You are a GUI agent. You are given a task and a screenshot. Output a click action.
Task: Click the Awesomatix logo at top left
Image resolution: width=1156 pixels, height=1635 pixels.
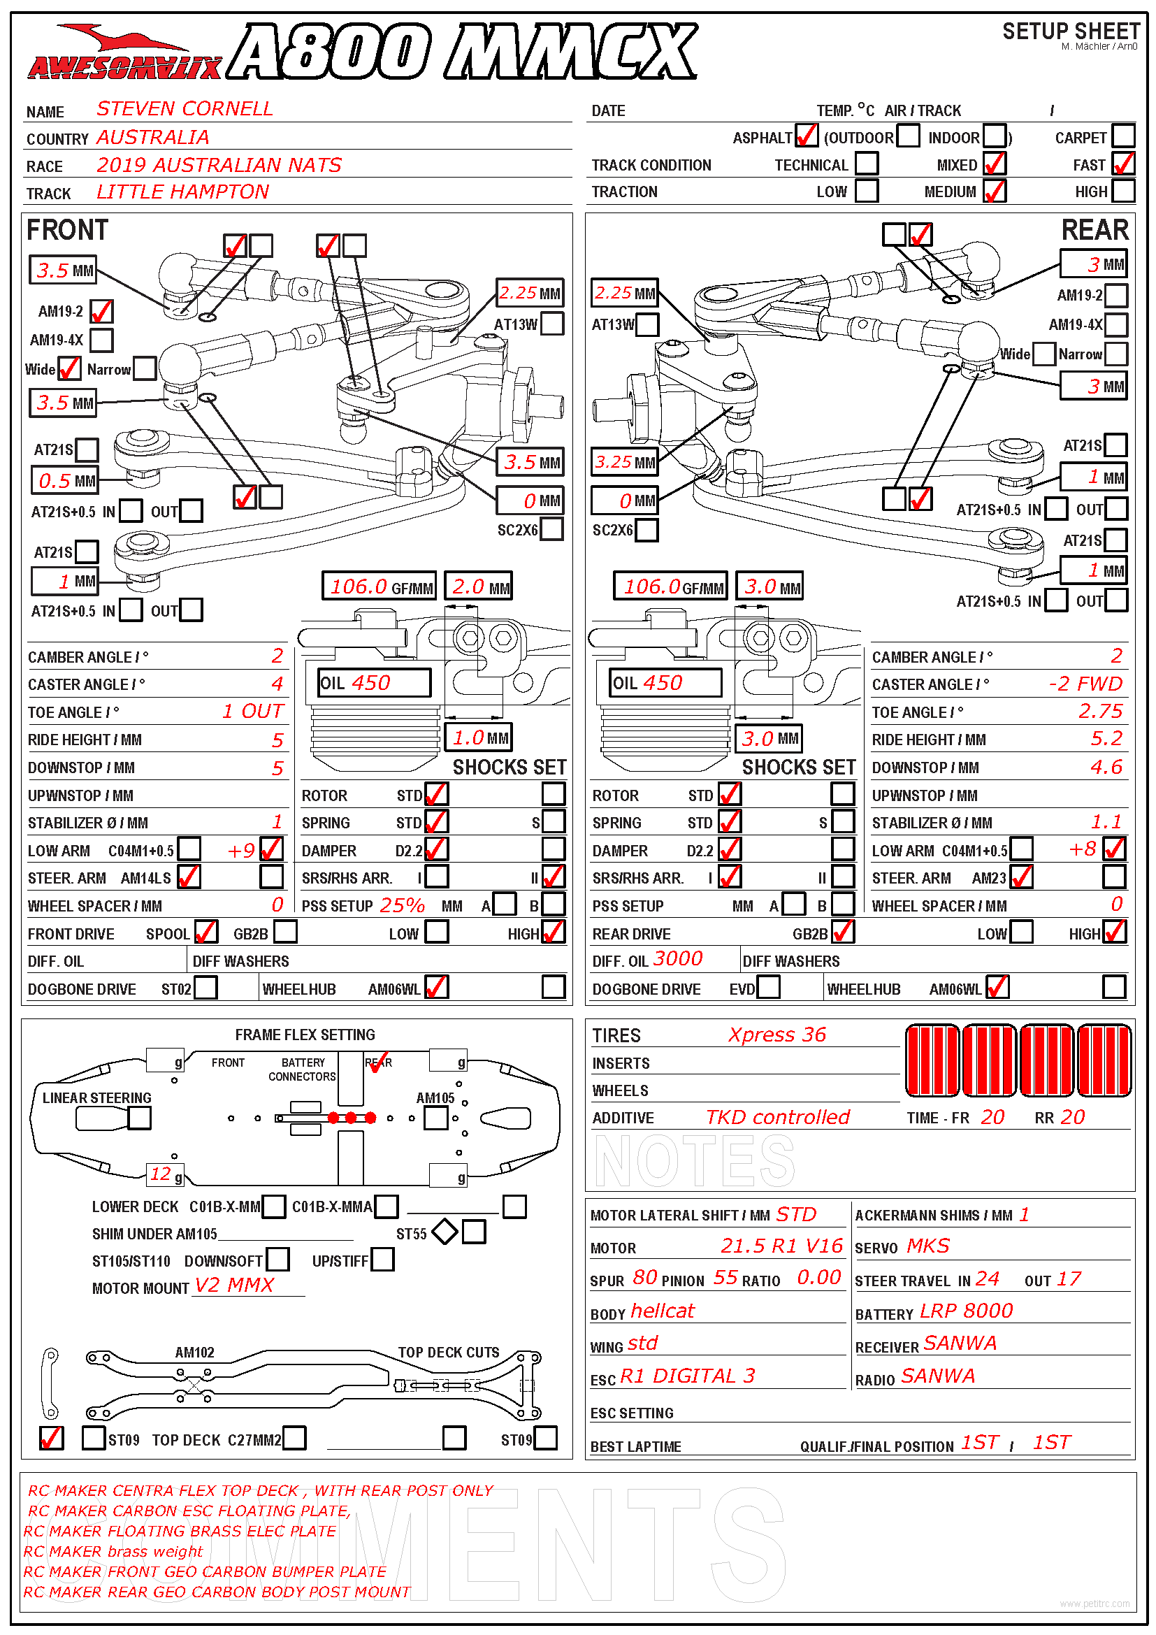pyautogui.click(x=124, y=53)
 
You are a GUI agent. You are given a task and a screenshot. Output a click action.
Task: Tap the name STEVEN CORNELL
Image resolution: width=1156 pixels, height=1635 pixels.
pyautogui.click(x=185, y=109)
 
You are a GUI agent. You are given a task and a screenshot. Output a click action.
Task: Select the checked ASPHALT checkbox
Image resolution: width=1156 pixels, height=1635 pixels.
pyautogui.click(x=807, y=136)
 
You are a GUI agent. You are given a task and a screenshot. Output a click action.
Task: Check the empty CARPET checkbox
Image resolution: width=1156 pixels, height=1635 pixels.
pyautogui.click(x=1122, y=136)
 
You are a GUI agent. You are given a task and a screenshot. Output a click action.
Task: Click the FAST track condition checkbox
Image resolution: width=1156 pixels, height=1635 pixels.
pyautogui.click(x=1122, y=164)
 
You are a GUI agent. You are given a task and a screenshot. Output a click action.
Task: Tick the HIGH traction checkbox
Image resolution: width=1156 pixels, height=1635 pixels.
pyautogui.click(x=1122, y=191)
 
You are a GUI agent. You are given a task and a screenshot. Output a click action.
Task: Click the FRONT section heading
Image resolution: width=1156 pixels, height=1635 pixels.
pyautogui.click(x=67, y=230)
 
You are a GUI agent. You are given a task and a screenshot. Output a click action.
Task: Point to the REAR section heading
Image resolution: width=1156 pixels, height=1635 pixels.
pyautogui.click(x=1094, y=230)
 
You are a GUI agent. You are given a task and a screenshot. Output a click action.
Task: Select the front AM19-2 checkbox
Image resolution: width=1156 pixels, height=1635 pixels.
pyautogui.click(x=102, y=311)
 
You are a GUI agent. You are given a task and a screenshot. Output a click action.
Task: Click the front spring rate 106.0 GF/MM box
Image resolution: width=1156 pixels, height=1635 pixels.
pyautogui.click(x=379, y=586)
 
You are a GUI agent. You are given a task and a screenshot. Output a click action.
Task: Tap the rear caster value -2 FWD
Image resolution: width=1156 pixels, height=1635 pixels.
pyautogui.click(x=1085, y=684)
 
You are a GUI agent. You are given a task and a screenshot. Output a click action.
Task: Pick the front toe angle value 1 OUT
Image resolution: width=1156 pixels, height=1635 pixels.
pyautogui.click(x=253, y=712)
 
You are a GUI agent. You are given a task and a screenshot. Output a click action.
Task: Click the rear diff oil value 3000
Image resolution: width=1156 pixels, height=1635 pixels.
pyautogui.click(x=678, y=959)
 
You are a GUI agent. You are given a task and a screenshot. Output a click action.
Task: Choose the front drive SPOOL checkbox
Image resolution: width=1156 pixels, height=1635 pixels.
pyautogui.click(x=205, y=932)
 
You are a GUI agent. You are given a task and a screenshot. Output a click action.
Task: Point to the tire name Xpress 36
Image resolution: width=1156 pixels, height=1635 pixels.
pyautogui.click(x=776, y=1035)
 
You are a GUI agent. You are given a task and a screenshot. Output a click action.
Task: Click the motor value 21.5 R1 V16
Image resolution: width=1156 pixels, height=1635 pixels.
pyautogui.click(x=781, y=1246)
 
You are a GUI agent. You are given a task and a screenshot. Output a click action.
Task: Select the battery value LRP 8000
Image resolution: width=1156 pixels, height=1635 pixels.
pyautogui.click(x=966, y=1311)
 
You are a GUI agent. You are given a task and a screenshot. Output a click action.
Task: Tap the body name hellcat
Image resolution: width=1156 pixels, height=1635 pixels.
pyautogui.click(x=662, y=1311)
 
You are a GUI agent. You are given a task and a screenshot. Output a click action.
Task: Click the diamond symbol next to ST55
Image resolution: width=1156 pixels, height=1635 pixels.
pyautogui.click(x=445, y=1232)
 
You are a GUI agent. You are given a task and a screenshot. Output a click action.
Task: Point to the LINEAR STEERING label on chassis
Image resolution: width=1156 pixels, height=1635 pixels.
pyautogui.click(x=97, y=1098)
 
